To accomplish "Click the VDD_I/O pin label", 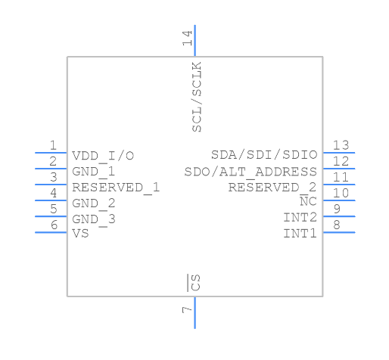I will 103,156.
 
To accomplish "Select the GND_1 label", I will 94,172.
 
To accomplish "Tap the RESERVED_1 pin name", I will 116,188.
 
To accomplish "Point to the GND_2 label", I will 94,203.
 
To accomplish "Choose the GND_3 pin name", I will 94,219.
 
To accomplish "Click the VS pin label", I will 80,234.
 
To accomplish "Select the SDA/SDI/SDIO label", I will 264,156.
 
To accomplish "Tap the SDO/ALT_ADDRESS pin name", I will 251,172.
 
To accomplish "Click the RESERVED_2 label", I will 272,188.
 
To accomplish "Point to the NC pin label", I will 308,202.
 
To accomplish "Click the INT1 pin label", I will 300,234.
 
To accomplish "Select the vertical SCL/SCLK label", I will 197,98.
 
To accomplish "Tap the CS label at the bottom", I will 195,284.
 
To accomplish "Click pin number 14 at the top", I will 187,39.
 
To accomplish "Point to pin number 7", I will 187,310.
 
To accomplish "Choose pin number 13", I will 341,146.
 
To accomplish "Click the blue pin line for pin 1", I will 51,153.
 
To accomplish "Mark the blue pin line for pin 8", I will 338,232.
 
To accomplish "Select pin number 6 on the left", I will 53,225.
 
